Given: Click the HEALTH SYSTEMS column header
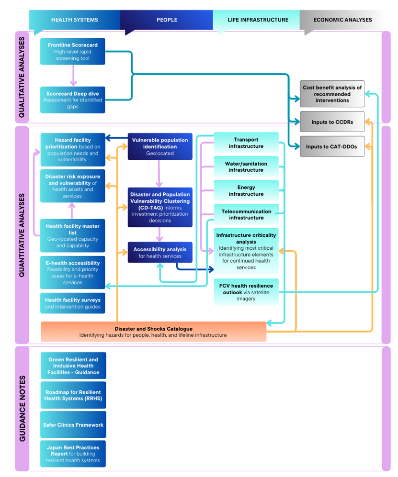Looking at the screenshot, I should (x=74, y=20).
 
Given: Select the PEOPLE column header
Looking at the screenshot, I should (x=167, y=20).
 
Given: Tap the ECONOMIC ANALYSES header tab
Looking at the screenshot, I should (x=342, y=20).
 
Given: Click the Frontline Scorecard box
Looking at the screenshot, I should (x=73, y=52).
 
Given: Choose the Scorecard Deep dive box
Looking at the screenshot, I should (x=73, y=100).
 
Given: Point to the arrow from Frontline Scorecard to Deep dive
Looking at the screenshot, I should (x=73, y=76).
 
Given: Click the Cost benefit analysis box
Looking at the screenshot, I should (x=332, y=94).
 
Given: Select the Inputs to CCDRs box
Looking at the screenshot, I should (x=332, y=122).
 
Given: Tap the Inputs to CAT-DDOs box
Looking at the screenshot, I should (x=332, y=147).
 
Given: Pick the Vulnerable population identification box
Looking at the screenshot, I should (x=160, y=146).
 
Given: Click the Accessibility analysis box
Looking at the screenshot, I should (x=160, y=252).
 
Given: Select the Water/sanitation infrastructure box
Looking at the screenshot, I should (x=246, y=166).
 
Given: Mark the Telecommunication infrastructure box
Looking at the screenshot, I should (x=246, y=214).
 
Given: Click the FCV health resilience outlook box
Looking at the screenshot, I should (x=246, y=292).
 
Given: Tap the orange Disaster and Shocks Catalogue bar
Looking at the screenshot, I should (x=154, y=332).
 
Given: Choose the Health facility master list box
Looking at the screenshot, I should (x=73, y=235).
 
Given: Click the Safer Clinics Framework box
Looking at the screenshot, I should (x=73, y=424).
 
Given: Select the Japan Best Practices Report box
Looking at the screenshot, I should (x=73, y=454).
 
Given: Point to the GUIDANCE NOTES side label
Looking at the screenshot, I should (x=22, y=409).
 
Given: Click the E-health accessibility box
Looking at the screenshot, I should (x=73, y=272).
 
